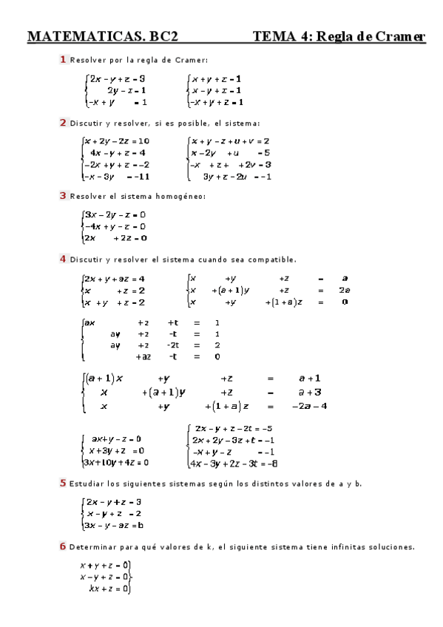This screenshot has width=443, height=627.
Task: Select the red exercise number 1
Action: click(64, 59)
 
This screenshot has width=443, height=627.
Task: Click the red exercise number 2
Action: click(64, 123)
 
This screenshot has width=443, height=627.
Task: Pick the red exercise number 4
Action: click(64, 259)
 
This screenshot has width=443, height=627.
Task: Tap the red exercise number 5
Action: click(64, 483)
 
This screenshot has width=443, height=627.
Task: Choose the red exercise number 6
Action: click(64, 546)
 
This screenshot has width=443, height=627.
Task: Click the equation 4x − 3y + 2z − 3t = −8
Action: click(234, 464)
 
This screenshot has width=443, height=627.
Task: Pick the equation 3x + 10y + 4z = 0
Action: click(115, 462)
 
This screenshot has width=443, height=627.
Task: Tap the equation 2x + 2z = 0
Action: click(115, 238)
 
